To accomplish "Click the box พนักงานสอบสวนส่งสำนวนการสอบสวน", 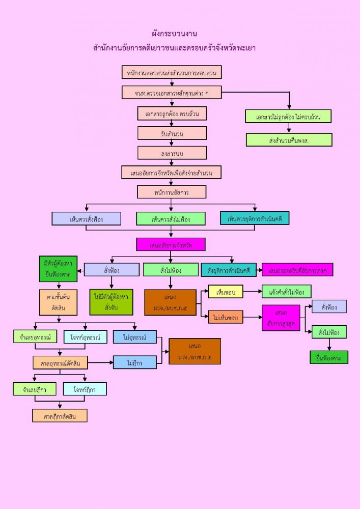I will pyautogui.click(x=172, y=73).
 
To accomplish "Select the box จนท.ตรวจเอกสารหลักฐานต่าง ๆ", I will pyautogui.click(x=172, y=93).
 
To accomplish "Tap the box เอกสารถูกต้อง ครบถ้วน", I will pyautogui.click(x=172, y=113).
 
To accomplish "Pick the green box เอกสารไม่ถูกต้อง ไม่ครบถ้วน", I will pyautogui.click(x=288, y=116).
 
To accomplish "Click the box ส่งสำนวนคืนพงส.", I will pyautogui.click(x=289, y=139).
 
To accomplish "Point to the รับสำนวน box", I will pyautogui.click(x=172, y=133).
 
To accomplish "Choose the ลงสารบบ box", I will pyautogui.click(x=172, y=153).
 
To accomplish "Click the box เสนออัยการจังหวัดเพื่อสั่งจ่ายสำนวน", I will pyautogui.click(x=172, y=173).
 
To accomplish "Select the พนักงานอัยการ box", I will pyautogui.click(x=172, y=192).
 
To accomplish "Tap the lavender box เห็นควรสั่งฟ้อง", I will pyautogui.click(x=87, y=218).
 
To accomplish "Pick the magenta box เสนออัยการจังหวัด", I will pyautogui.click(x=171, y=244).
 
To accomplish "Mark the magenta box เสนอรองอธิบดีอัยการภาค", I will pyautogui.click(x=297, y=270).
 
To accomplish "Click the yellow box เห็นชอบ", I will pyautogui.click(x=226, y=292).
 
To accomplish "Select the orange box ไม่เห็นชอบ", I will pyautogui.click(x=226, y=317).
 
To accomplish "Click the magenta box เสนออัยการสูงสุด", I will pyautogui.click(x=281, y=318).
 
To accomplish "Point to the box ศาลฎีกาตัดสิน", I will pyautogui.click(x=60, y=415).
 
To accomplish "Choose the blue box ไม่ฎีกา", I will pyautogui.click(x=134, y=362).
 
